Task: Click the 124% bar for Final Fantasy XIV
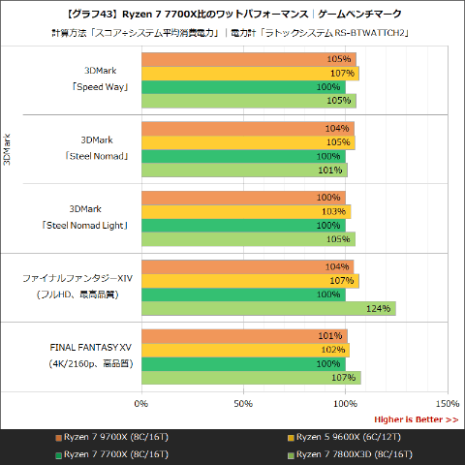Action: [x=268, y=309]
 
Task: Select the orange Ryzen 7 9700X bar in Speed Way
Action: [x=249, y=59]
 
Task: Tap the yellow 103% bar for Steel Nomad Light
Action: [x=246, y=211]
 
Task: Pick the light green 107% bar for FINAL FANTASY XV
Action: [x=251, y=378]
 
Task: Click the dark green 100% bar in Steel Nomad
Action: [x=243, y=156]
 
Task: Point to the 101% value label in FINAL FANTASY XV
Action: [x=331, y=336]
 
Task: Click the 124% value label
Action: [x=379, y=309]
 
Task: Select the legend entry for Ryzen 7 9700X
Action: [x=111, y=436]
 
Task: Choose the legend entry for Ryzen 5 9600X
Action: [x=341, y=436]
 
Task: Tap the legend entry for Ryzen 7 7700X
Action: [x=111, y=453]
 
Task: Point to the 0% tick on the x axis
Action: [x=141, y=403]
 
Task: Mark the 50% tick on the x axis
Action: [x=243, y=403]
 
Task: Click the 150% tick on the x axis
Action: [x=447, y=403]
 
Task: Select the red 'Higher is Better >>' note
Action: [x=416, y=419]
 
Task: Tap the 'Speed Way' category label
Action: [x=96, y=85]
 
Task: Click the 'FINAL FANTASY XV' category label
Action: [x=96, y=347]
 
